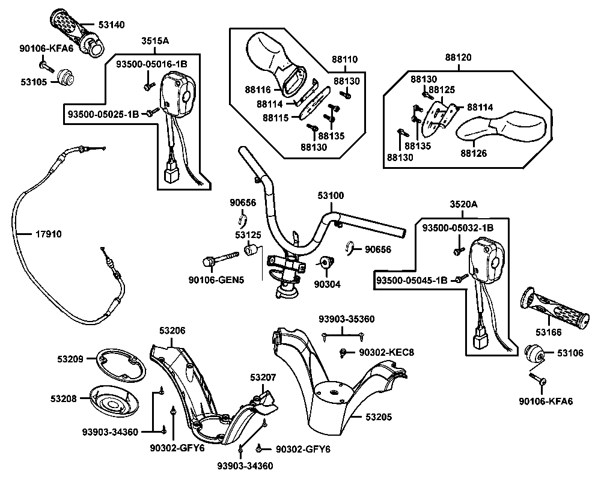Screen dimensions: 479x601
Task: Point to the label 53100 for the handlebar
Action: (331, 196)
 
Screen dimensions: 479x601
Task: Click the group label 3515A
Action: (155, 41)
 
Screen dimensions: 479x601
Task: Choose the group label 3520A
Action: (463, 205)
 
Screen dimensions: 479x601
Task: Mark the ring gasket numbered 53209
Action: (120, 364)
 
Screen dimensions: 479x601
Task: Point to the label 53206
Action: (172, 330)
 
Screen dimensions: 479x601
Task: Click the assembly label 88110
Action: (344, 59)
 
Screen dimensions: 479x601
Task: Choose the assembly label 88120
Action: (458, 58)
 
